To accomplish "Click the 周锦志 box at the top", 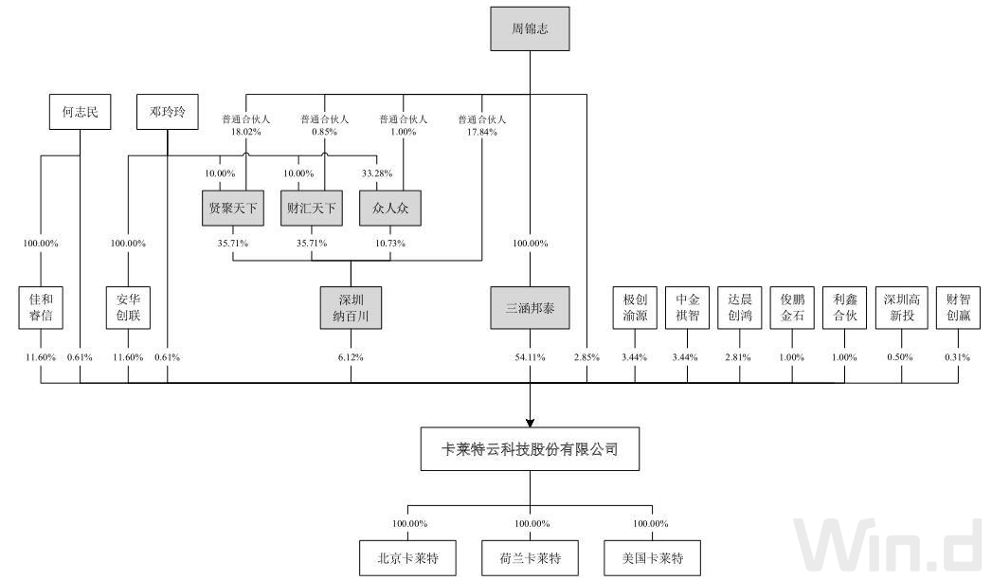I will pos(530,27).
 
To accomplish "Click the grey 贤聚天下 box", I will pos(233,208).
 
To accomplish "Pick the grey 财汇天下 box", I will pos(312,208).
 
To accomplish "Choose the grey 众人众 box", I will pos(390,208).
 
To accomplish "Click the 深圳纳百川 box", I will pos(351,307).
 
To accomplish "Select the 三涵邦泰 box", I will pos(530,307).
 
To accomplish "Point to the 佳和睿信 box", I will pos(41,307).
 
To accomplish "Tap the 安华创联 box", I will pos(128,307).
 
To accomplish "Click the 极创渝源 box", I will pos(635,307).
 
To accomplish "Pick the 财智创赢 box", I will pos(959,307).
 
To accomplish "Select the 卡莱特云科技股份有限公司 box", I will pos(530,449).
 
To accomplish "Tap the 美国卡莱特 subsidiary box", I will pos(652,557).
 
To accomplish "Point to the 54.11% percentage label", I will pos(530,357).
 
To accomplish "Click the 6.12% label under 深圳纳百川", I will pos(351,357).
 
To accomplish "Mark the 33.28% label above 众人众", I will pos(377,173).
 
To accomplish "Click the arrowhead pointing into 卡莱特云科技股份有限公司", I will pos(530,420).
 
